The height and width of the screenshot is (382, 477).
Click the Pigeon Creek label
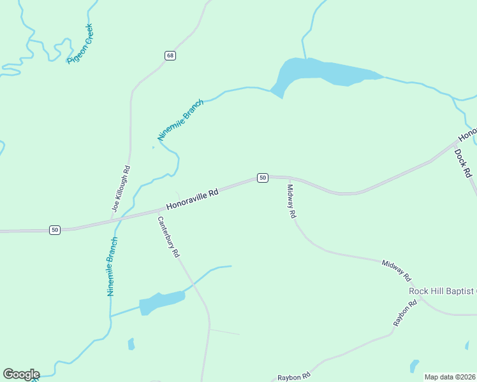click(x=80, y=43)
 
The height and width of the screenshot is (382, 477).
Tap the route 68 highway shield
click(x=169, y=55)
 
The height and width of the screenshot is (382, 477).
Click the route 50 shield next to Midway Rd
click(x=262, y=178)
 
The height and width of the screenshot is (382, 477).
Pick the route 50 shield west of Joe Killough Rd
click(x=55, y=229)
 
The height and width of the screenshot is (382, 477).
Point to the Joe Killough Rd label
click(x=121, y=188)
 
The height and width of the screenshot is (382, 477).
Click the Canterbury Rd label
click(x=168, y=236)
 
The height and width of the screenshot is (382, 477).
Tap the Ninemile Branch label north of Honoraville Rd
click(x=180, y=120)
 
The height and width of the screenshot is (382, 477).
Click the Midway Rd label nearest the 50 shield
click(x=291, y=201)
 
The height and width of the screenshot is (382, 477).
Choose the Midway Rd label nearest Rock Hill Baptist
click(x=396, y=271)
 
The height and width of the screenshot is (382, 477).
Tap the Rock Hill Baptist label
click(x=442, y=291)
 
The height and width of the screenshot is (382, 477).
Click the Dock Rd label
click(x=463, y=163)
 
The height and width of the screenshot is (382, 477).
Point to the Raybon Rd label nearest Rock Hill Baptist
click(x=404, y=313)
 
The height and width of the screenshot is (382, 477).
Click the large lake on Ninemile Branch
click(x=319, y=71)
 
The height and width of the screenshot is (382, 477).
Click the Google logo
click(x=21, y=374)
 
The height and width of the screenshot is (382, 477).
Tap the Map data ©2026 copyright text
click(x=450, y=377)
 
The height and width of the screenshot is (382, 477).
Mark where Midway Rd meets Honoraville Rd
click(x=289, y=178)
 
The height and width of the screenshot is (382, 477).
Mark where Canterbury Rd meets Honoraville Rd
click(x=157, y=209)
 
